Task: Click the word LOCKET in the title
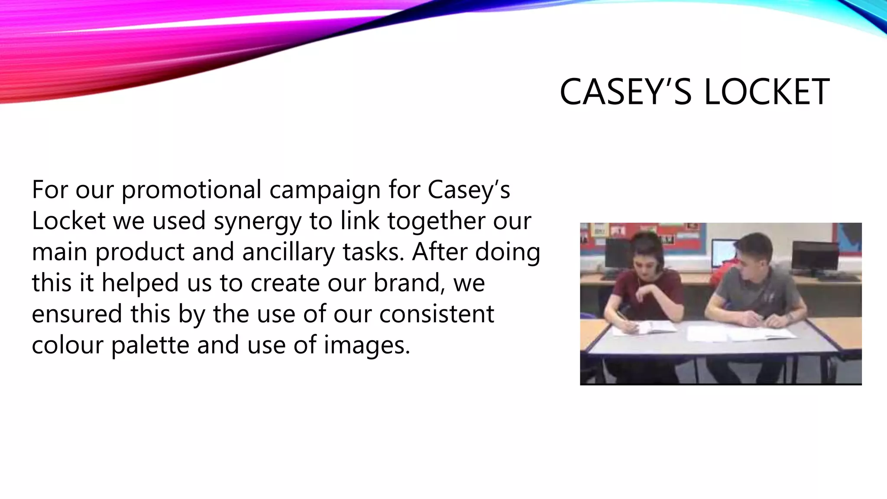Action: click(x=767, y=92)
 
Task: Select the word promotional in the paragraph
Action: click(x=191, y=190)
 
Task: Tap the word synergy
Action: click(x=257, y=221)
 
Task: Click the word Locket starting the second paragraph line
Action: click(x=68, y=221)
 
